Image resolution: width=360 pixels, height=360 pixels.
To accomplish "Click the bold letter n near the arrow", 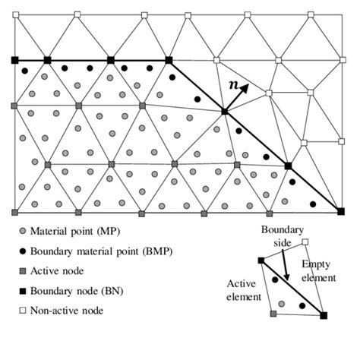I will [233, 86].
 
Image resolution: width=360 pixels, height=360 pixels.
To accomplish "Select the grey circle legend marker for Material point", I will [23, 230].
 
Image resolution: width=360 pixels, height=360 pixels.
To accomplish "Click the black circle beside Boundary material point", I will [23, 250].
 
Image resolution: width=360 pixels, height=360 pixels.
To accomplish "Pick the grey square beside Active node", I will [23, 270].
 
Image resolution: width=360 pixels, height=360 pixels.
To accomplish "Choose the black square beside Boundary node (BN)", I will [23, 290].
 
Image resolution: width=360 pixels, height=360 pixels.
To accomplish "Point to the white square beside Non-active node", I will [23, 310].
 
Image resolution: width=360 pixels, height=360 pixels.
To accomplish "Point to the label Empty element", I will [319, 271].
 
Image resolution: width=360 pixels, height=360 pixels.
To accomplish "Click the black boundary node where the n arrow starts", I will [224, 112].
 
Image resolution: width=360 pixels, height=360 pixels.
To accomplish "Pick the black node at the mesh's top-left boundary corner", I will [14, 60].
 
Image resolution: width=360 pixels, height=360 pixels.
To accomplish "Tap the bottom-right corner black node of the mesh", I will [339, 212].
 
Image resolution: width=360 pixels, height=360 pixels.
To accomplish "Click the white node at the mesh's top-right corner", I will [339, 14].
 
